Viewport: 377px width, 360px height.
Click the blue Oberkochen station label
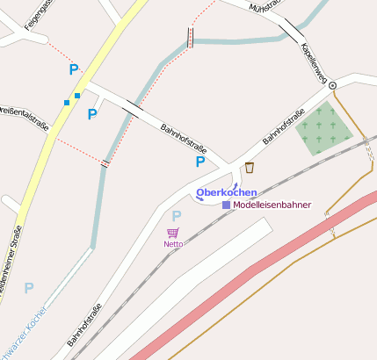coord(226,192)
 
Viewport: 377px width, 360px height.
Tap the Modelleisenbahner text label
coord(272,205)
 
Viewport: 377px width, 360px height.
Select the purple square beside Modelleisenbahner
coord(226,205)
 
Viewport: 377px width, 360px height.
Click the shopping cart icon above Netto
coord(172,233)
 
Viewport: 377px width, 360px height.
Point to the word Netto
coord(172,243)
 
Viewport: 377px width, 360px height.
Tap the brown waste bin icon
coord(250,168)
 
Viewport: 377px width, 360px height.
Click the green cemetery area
coord(323,127)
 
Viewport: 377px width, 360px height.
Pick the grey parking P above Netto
coord(176,216)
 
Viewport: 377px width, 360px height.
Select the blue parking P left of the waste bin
coord(200,162)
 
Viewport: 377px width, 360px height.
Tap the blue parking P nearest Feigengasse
coord(73,69)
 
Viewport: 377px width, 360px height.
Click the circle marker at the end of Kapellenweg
coord(332,85)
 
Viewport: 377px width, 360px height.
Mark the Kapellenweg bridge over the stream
coord(290,32)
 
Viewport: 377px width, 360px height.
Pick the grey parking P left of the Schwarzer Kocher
coord(29,288)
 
